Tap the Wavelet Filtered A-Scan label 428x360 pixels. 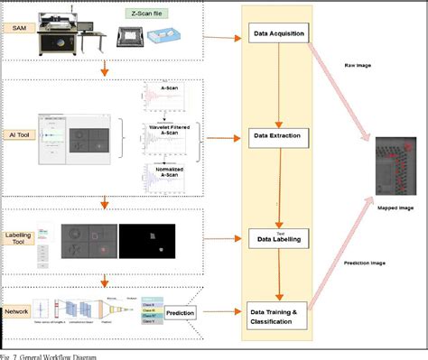[x=166, y=132]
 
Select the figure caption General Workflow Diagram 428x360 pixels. [x=54, y=355]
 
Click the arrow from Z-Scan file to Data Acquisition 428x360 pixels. [x=218, y=38]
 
